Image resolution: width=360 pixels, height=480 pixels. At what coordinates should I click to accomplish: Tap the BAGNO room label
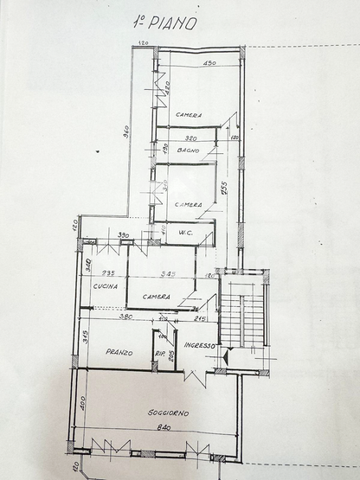click(189, 151)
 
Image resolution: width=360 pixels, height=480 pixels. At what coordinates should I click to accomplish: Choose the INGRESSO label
click(201, 345)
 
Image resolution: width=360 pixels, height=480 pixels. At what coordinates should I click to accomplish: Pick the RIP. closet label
click(160, 354)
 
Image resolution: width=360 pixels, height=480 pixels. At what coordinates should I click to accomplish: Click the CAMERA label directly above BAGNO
click(189, 115)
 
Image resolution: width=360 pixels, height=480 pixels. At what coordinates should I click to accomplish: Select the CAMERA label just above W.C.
click(188, 205)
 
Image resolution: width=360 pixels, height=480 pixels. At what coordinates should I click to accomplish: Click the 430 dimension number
click(209, 63)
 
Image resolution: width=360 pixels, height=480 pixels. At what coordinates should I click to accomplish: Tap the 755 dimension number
click(222, 189)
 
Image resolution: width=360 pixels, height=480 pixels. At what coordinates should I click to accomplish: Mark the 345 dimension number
click(169, 274)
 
